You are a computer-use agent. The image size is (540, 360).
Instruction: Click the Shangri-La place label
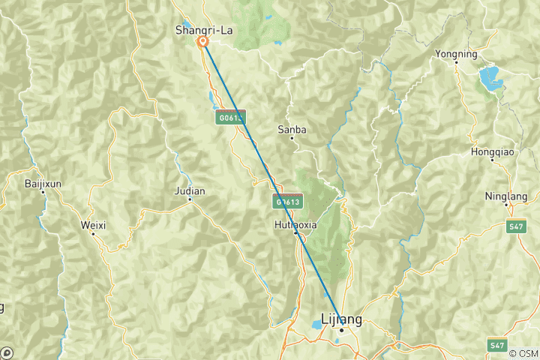tap(202, 30)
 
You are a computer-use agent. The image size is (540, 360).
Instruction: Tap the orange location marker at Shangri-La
tap(202, 42)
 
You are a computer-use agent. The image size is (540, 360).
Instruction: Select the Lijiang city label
tap(341, 319)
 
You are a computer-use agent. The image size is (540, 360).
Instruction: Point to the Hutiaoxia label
tap(295, 223)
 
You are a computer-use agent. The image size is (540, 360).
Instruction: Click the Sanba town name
tap(292, 129)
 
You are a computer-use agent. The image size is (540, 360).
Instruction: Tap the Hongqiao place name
tap(491, 151)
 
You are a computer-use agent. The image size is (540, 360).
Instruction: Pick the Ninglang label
tap(506, 196)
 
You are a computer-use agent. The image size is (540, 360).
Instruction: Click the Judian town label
tap(190, 190)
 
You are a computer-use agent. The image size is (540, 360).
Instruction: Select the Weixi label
tap(93, 224)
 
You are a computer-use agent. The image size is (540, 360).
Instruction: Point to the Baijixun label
tap(42, 183)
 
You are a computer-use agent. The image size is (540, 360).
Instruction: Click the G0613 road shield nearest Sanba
tap(230, 117)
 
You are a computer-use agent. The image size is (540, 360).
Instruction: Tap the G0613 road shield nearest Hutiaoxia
tap(288, 201)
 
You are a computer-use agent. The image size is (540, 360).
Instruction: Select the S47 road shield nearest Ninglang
tap(514, 225)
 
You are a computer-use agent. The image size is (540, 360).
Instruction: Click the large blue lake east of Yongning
tap(490, 76)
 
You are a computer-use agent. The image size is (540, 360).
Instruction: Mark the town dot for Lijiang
tap(341, 330)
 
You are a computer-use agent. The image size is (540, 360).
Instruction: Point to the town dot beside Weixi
tap(93, 233)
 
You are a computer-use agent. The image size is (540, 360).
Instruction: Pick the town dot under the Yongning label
tap(456, 62)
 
